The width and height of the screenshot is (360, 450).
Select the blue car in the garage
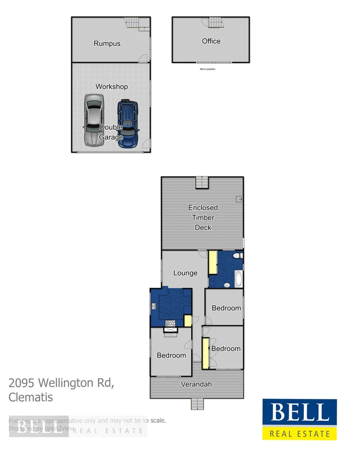127,123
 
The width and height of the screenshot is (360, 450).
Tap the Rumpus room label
107,44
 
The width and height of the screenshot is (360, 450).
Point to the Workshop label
112,87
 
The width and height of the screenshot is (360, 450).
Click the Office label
211,41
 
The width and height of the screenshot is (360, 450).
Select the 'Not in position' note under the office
208,69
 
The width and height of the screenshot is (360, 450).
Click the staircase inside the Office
215,22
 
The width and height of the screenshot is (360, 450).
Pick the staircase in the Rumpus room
132,22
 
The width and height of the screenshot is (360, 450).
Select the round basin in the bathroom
227,285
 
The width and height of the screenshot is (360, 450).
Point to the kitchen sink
154,306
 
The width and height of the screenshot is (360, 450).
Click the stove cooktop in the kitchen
170,322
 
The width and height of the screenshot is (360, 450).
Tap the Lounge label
185,273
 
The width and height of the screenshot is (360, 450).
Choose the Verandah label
196,384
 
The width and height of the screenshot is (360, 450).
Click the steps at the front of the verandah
197,403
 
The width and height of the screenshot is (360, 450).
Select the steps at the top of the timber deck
202,182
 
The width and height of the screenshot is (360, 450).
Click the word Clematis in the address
30,397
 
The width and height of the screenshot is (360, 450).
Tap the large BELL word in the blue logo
299,413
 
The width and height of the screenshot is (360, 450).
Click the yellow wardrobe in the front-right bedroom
205,352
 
